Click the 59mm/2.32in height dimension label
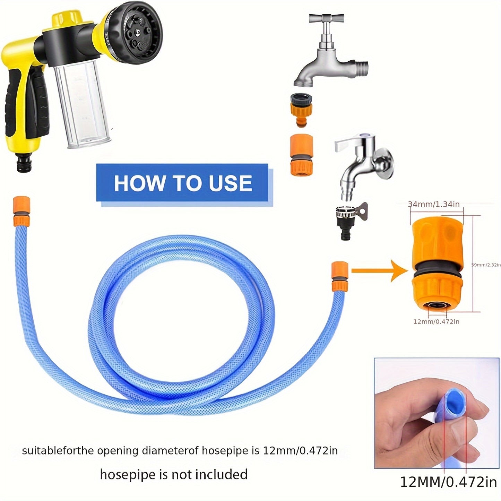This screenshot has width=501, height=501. click(486, 265)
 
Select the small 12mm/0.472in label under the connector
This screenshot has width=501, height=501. click(436, 322)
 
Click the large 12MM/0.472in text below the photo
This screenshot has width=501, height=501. click(449, 482)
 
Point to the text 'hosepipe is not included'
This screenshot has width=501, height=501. click(174, 474)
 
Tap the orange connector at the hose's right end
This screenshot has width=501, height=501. click(340, 276)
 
